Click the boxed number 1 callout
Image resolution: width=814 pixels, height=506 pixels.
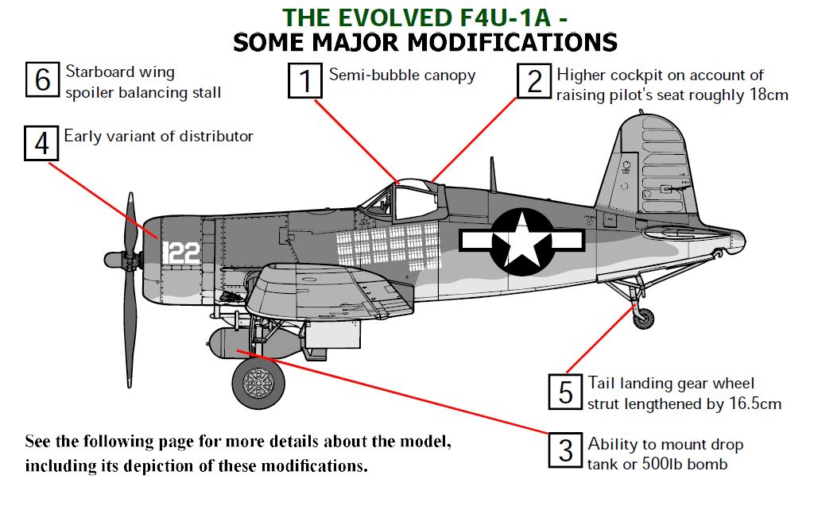pyautogui.click(x=304, y=80)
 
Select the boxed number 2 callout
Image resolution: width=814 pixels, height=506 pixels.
pyautogui.click(x=533, y=80)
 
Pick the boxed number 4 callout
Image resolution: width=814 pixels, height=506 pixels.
pyautogui.click(x=41, y=144)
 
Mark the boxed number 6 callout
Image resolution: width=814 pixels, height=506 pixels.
pyautogui.click(x=43, y=79)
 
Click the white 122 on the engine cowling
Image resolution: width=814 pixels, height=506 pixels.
pyautogui.click(x=180, y=253)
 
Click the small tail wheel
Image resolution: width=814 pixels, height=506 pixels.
pyautogui.click(x=644, y=319)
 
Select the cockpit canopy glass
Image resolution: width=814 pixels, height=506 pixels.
pyautogui.click(x=411, y=199)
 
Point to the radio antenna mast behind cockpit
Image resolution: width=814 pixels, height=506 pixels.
pyautogui.click(x=493, y=174)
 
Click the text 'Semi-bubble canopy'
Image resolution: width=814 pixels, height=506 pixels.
pyautogui.click(x=402, y=76)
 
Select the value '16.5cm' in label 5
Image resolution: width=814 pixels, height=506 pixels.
pyautogui.click(x=754, y=404)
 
